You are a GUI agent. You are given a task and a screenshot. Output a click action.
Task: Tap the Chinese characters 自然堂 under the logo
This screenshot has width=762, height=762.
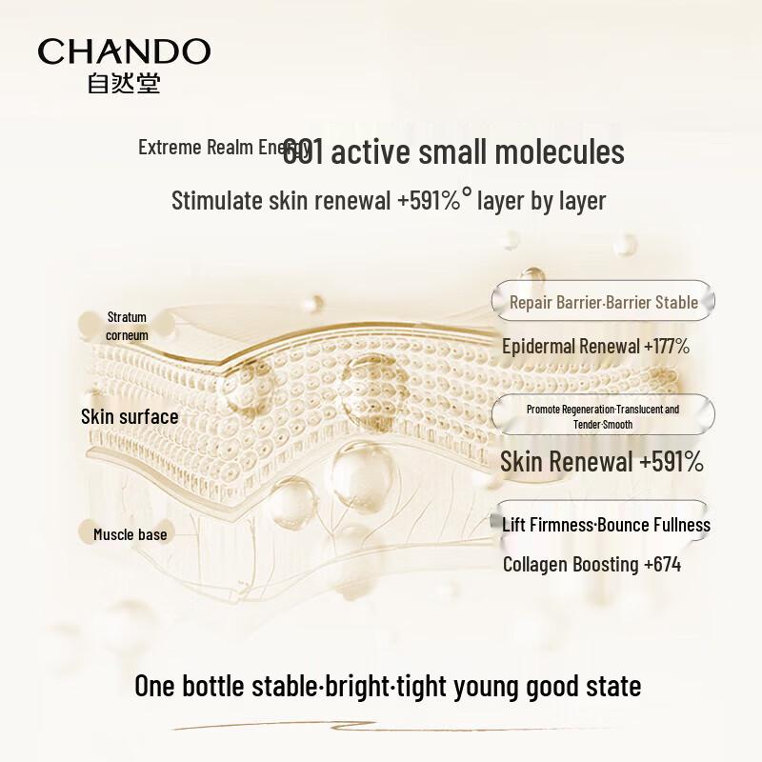pos(124,84)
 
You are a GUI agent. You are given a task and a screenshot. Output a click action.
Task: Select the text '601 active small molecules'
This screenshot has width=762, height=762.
pos(453,152)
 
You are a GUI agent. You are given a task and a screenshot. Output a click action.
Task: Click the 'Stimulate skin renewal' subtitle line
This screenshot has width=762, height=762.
pos(389,201)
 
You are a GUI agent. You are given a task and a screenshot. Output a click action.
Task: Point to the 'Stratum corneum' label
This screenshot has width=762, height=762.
pos(127,326)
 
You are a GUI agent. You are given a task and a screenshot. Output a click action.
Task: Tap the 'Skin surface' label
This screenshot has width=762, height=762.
pos(130,416)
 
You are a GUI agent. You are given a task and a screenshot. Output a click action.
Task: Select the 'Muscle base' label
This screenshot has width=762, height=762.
pos(130,534)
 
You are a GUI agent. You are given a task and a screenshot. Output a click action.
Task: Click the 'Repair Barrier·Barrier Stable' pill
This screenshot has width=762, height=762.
pos(603,302)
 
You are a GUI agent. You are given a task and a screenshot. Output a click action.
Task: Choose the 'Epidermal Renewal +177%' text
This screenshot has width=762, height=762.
pos(595,346)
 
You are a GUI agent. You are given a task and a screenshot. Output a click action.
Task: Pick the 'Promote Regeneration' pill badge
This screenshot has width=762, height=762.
pos(603,416)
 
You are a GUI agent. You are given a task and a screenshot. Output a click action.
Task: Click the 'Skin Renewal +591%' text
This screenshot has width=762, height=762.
pos(602,462)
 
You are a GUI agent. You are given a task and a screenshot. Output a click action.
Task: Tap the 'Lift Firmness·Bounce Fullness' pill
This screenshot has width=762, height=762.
pos(606,525)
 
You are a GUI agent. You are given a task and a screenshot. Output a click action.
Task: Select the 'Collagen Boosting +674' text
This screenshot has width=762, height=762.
pos(592,564)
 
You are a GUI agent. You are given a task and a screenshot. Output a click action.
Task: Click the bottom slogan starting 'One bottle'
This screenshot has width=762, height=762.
pos(388,686)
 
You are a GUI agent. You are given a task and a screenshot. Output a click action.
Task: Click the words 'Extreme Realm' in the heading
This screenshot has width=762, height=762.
pos(195,148)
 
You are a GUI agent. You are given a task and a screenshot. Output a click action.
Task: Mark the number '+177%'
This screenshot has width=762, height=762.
pos(667,346)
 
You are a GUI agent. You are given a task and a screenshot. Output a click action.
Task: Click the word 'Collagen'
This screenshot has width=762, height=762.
pos(535,564)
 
